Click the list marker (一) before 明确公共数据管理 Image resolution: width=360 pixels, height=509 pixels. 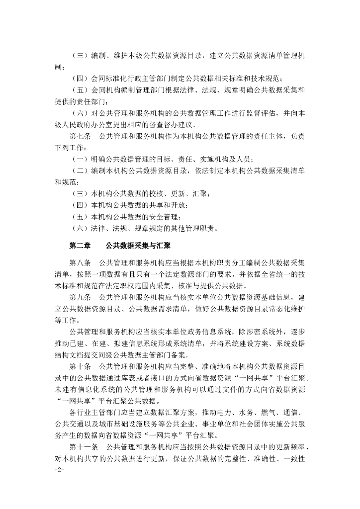click(80, 159)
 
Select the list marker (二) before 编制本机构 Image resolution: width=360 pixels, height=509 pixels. click(80, 170)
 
